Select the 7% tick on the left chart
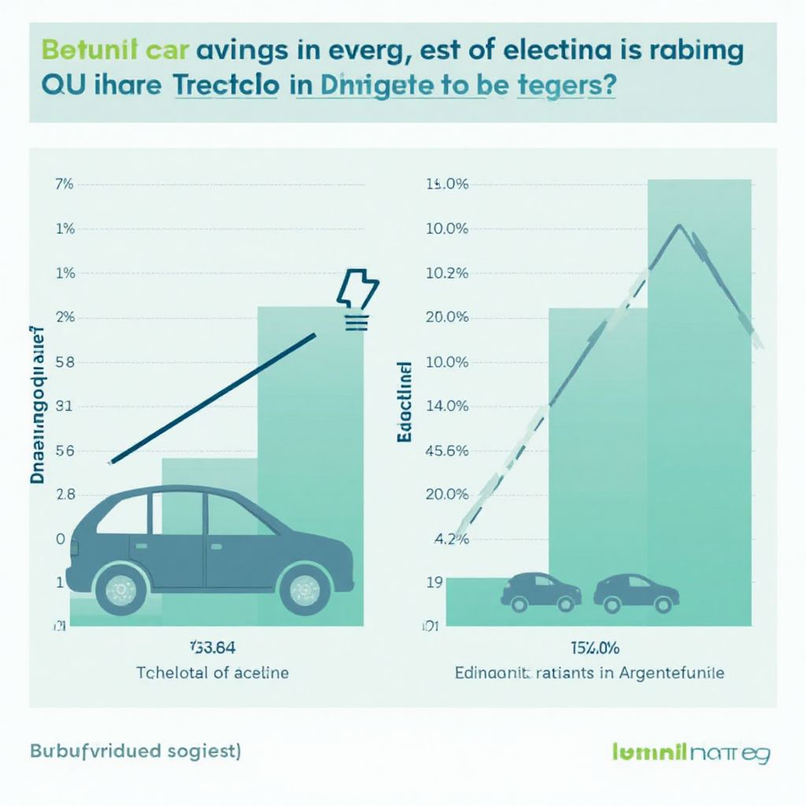click(x=64, y=185)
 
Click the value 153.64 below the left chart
click(x=212, y=648)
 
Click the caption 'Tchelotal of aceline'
click(x=213, y=673)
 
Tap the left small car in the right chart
click(x=542, y=591)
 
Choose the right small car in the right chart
click(x=636, y=591)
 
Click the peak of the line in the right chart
click(x=678, y=226)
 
